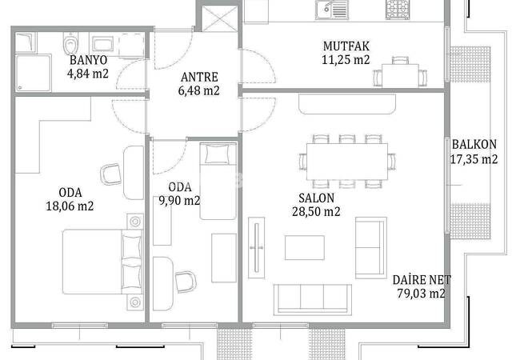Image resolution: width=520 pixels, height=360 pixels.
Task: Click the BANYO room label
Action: [x=89, y=60]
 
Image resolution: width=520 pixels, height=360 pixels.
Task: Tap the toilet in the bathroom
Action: [x=70, y=43]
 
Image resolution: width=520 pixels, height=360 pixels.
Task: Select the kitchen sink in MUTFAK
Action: [x=332, y=10]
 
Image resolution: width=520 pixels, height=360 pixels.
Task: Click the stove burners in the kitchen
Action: [x=398, y=10]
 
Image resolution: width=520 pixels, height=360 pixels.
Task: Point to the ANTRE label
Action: [x=199, y=78]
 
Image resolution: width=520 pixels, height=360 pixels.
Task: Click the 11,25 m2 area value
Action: [x=346, y=60]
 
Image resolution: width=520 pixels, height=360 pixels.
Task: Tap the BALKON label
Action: [x=474, y=145]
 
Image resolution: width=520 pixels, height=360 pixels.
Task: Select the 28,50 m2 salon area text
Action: [x=316, y=211]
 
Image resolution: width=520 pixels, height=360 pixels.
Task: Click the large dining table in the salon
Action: [x=347, y=162]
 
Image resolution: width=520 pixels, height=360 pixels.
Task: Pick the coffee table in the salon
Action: [x=305, y=248]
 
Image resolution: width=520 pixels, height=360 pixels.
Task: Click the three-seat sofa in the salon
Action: [x=312, y=300]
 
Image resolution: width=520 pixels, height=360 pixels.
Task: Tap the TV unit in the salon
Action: [x=256, y=248]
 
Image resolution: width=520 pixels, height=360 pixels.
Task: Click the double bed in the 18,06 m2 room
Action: [x=102, y=262]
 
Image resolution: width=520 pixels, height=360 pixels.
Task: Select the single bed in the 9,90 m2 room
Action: [x=218, y=181]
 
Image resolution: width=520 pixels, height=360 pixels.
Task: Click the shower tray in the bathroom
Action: [x=33, y=74]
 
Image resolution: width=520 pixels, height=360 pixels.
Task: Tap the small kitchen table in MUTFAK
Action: [x=400, y=75]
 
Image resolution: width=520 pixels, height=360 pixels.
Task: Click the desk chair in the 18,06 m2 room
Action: [x=110, y=174]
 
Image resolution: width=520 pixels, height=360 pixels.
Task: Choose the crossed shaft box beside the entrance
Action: [x=219, y=18]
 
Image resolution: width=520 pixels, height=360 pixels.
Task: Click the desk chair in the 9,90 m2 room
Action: [x=186, y=282]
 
